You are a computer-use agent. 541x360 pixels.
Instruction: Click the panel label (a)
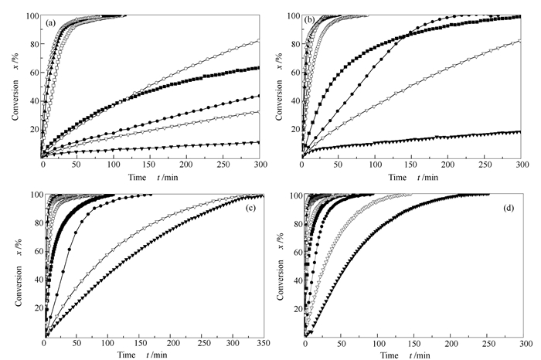point(51,22)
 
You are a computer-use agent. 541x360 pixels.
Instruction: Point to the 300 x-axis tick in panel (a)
point(257,165)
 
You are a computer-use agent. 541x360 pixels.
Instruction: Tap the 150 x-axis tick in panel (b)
point(413,165)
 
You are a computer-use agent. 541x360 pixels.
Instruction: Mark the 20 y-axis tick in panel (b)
point(295,129)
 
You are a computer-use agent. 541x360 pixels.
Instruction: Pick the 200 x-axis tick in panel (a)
point(185,165)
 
